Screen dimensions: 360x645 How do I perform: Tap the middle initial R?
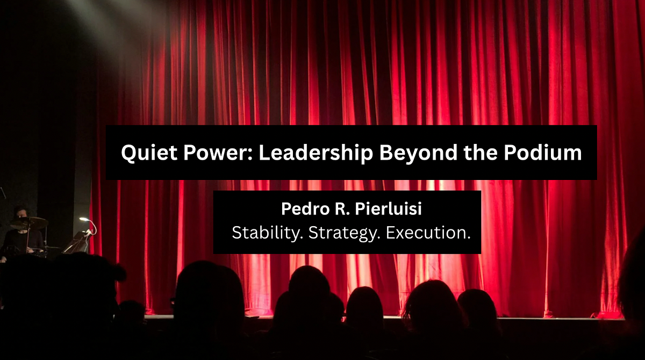pyautogui.click(x=338, y=210)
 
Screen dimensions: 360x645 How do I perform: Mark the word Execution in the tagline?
pyautogui.click(x=427, y=233)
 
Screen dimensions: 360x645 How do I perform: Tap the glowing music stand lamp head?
pyautogui.click(x=84, y=219)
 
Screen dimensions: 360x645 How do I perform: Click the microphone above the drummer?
pyautogui.click(x=2, y=192)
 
